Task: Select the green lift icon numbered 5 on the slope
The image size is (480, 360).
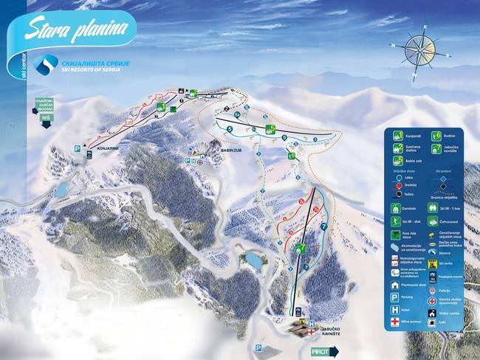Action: pos(271,130)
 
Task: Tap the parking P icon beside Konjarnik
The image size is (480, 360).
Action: pos(77,148)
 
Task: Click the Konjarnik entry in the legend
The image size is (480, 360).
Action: pos(397,135)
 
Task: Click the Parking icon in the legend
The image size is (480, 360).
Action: pos(396,297)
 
